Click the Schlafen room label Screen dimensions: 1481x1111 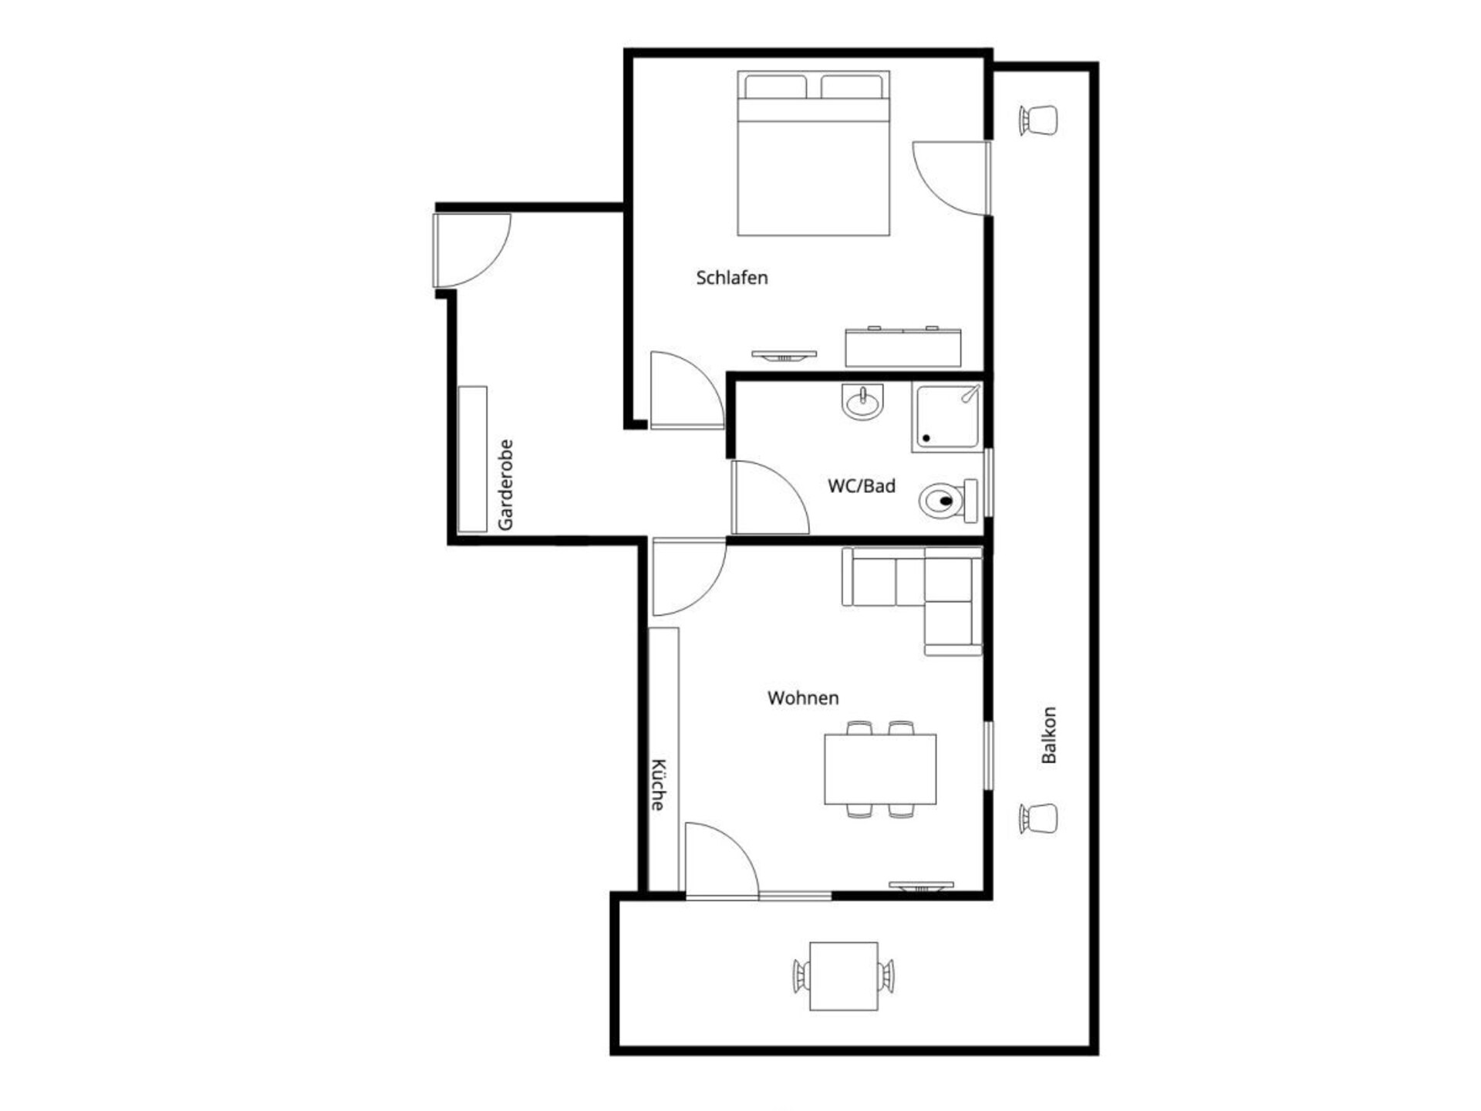[x=731, y=278]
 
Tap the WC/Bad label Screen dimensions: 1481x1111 [x=862, y=486]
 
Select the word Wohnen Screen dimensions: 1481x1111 [x=803, y=698]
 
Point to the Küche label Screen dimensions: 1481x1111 [x=658, y=785]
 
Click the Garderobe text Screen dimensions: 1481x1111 [x=505, y=485]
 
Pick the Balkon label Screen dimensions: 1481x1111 [x=1049, y=735]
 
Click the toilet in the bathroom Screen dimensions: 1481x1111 [x=948, y=500]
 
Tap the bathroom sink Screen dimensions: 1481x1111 [x=862, y=402]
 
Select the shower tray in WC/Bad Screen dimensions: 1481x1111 [x=947, y=417]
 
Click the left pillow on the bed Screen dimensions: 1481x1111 [x=775, y=86]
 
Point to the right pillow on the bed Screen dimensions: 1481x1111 [x=852, y=86]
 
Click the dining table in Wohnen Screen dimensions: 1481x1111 [x=880, y=769]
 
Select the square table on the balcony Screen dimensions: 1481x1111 [x=844, y=976]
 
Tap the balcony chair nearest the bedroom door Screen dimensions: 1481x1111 [x=1038, y=120]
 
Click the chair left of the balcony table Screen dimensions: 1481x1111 [x=801, y=976]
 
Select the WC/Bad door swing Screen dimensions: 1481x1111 [x=770, y=498]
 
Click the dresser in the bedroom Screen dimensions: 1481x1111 [x=903, y=347]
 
